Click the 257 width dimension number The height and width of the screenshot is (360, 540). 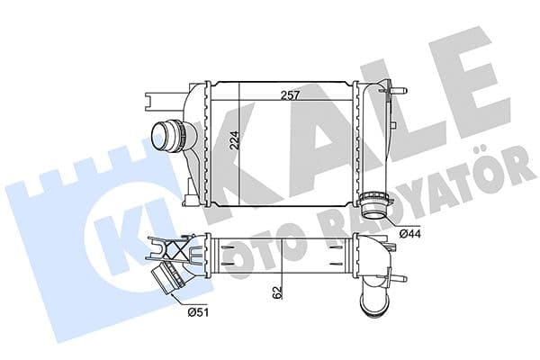click(291, 95)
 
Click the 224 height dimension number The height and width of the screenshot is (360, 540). click(234, 139)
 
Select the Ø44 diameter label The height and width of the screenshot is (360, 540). click(410, 234)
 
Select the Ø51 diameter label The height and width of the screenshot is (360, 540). click(198, 312)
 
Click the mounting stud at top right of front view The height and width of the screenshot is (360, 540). click(400, 91)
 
